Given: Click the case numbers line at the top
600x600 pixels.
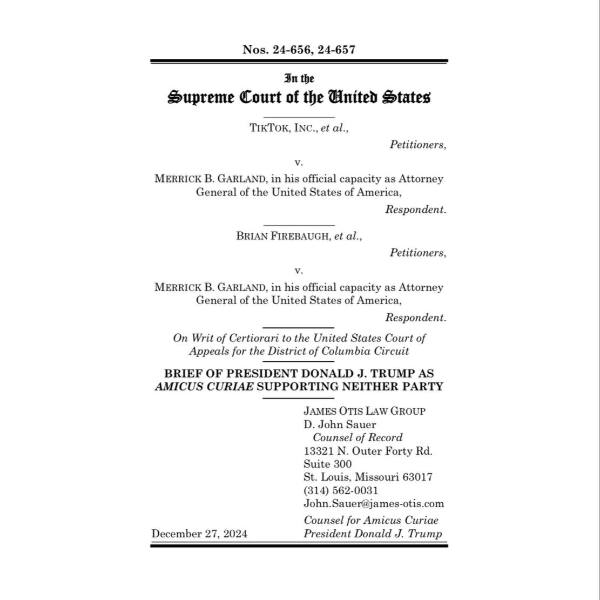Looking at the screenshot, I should pyautogui.click(x=299, y=50).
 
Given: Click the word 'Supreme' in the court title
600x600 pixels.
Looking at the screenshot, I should pyautogui.click(x=201, y=98).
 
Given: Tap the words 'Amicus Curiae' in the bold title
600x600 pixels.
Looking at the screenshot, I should pyautogui.click(x=204, y=387).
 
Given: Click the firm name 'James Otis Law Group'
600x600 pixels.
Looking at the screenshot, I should pyautogui.click(x=365, y=411).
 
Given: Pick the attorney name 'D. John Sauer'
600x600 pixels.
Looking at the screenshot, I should pyautogui.click(x=340, y=424).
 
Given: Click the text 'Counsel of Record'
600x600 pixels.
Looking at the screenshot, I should pyautogui.click(x=358, y=437).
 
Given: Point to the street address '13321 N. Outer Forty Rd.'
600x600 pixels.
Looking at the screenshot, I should pyautogui.click(x=368, y=451).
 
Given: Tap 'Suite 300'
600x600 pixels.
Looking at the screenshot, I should pyautogui.click(x=327, y=464).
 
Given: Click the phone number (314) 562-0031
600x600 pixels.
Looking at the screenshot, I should pyautogui.click(x=341, y=490).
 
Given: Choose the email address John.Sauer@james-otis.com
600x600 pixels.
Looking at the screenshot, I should pyautogui.click(x=374, y=504).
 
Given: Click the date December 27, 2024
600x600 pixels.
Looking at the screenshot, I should pyautogui.click(x=199, y=534).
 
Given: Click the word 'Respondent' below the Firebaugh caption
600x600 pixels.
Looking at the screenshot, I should pyautogui.click(x=415, y=318).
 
